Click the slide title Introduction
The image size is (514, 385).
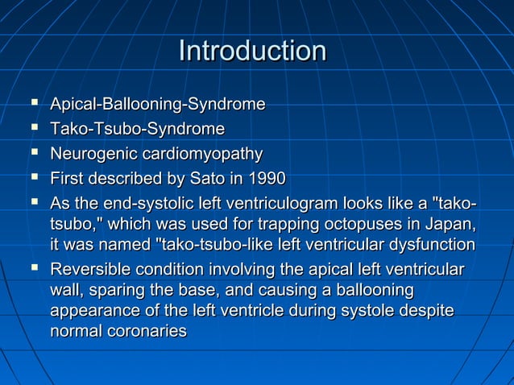(x=252, y=51)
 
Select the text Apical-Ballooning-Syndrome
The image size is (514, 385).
(x=158, y=105)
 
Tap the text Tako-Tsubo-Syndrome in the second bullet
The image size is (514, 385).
(x=137, y=129)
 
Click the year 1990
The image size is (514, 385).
(x=267, y=178)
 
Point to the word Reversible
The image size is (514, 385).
(x=88, y=268)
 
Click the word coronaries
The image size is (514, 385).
(x=144, y=331)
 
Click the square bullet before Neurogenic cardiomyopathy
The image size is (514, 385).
(x=34, y=153)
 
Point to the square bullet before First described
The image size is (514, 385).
(x=34, y=177)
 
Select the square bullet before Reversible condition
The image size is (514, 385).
(x=34, y=267)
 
